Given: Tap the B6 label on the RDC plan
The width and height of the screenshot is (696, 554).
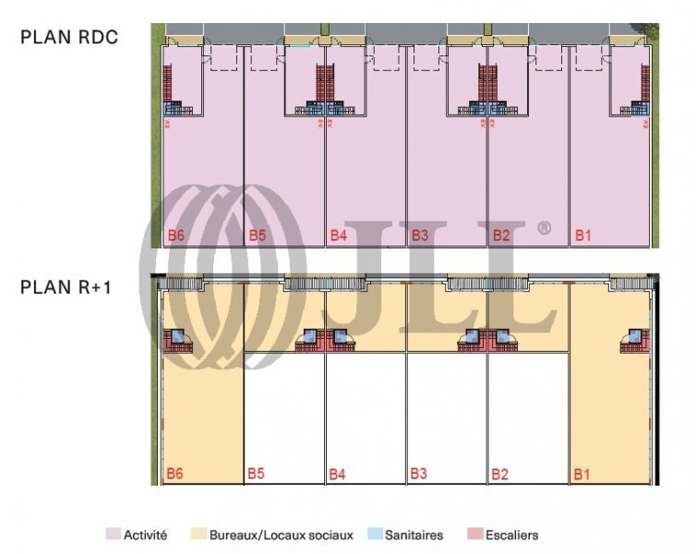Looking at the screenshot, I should click(175, 235).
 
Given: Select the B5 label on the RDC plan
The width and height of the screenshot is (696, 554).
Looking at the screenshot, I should click(257, 235).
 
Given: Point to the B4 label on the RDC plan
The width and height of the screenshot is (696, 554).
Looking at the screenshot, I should click(338, 235).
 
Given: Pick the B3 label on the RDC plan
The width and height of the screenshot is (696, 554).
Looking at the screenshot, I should click(419, 235).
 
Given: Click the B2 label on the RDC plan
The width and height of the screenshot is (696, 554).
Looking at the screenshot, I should click(500, 235).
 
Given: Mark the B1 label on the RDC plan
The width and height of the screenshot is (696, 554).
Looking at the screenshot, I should click(582, 235).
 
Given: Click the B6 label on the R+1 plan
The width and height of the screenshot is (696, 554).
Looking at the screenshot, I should click(175, 475).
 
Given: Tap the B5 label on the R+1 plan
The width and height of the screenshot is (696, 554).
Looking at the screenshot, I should click(257, 475).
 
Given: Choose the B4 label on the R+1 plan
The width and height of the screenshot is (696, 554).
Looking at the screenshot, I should click(338, 475).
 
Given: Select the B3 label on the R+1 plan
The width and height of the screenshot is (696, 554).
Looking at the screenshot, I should click(419, 475).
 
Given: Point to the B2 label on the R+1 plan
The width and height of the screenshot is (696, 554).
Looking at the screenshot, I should click(500, 475).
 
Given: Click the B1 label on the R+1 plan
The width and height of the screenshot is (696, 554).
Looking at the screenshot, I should click(582, 475).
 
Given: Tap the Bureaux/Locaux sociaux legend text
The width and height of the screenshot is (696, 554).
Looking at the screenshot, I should click(282, 535).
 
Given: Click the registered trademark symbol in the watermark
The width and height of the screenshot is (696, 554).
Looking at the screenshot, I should click(544, 228).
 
